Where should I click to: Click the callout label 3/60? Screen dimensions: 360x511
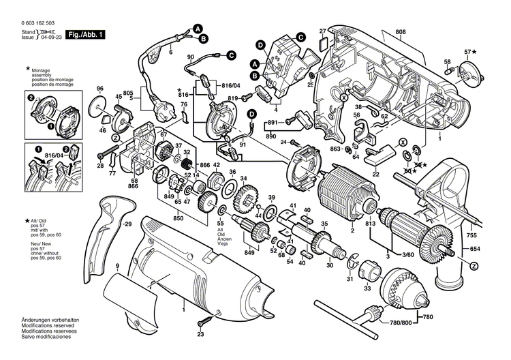[406, 254]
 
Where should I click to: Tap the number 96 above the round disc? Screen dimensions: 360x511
[100, 89]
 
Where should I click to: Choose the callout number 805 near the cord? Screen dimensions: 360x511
[128, 93]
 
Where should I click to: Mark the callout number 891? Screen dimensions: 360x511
[272, 122]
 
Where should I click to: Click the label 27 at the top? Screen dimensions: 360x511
[323, 31]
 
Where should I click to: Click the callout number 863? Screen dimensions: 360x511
[335, 148]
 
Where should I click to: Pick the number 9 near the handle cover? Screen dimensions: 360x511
[117, 265]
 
